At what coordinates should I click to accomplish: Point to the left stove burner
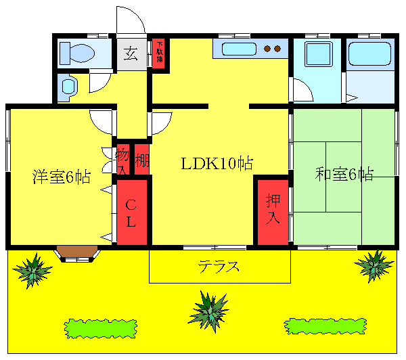point(267,48)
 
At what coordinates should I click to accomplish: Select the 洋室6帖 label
point(62,177)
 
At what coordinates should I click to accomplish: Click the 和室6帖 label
point(344,174)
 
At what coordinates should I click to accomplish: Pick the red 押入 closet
point(273,210)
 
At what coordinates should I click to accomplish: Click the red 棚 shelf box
point(141,160)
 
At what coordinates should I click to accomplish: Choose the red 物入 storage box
point(122,160)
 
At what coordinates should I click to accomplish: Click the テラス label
point(219,266)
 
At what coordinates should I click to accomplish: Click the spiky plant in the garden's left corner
point(31,270)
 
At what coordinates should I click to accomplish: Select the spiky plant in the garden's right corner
point(374,265)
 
